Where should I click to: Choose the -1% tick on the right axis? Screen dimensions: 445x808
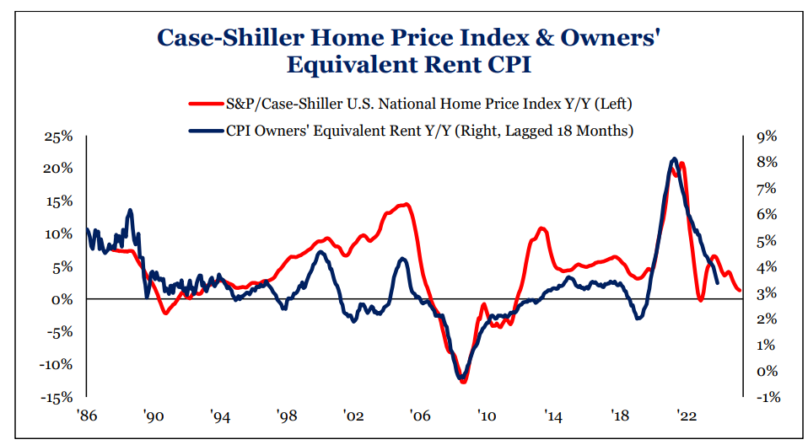tap(764, 397)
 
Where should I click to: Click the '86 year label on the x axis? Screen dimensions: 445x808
tap(86, 416)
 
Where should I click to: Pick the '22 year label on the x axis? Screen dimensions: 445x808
tap(688, 416)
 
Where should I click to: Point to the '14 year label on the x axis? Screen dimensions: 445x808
tap(554, 416)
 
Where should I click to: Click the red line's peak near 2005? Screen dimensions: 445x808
tap(407, 204)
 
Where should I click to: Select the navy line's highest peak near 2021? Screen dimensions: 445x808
tap(673, 158)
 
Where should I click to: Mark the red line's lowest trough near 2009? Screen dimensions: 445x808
tap(462, 382)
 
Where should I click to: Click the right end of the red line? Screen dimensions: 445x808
tap(740, 291)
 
